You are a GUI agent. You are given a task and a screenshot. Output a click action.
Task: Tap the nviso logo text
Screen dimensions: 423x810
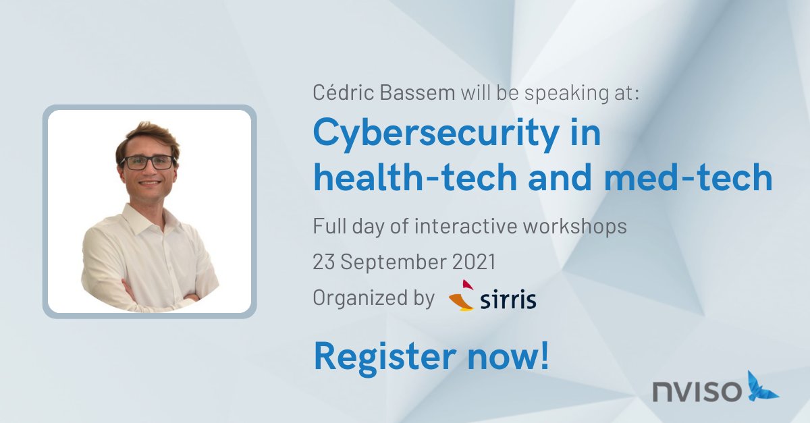(x=697, y=390)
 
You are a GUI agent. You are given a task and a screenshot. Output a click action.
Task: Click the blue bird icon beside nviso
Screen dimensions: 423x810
(x=762, y=386)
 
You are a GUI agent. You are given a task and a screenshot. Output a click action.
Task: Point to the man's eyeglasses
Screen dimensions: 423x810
(x=147, y=162)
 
